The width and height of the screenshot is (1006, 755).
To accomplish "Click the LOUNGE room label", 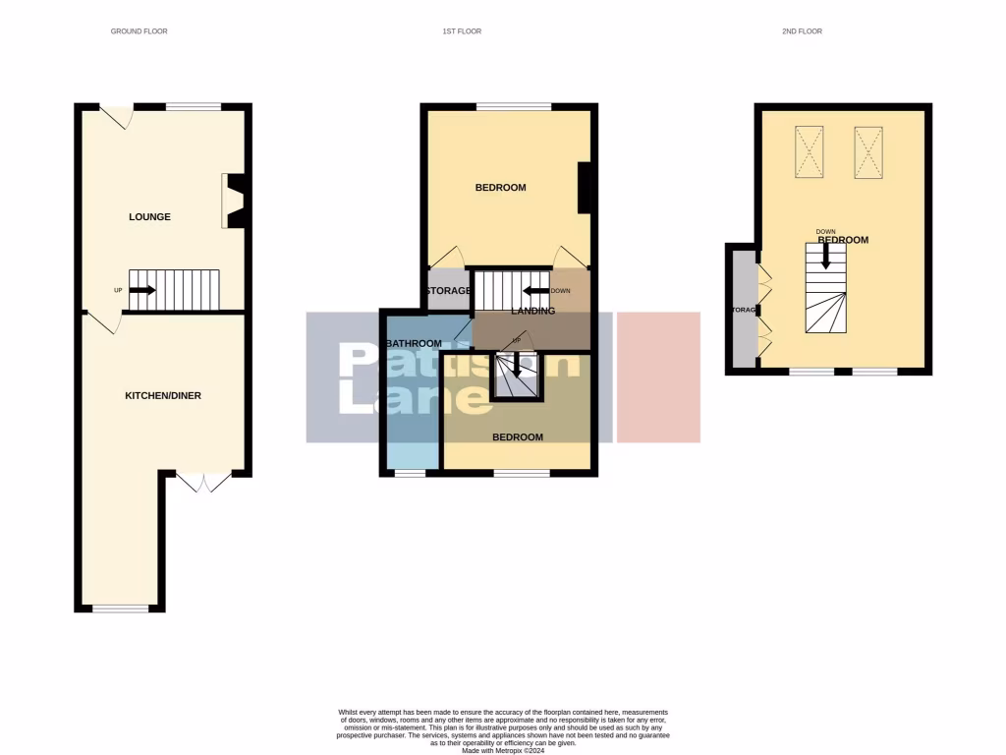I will [x=149, y=217].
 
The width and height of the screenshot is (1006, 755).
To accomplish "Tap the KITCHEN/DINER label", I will [x=163, y=395].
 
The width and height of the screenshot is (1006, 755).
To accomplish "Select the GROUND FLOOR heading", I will [x=139, y=31].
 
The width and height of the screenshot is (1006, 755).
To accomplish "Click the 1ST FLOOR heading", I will [x=462, y=31].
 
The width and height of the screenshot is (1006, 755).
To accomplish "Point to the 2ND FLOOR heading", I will [x=802, y=31].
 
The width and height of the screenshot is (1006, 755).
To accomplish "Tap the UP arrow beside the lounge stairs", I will [x=141, y=290].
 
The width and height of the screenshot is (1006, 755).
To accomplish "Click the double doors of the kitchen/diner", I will [x=204, y=482].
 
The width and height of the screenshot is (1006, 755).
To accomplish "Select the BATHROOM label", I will [x=414, y=344].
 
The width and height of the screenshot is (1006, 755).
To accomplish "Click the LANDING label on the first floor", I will [x=533, y=311].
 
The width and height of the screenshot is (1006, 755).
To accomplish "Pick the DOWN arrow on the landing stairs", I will [x=535, y=291].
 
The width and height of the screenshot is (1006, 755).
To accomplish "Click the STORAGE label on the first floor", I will [x=448, y=291].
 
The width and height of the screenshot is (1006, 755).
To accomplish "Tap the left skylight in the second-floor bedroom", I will [x=810, y=152].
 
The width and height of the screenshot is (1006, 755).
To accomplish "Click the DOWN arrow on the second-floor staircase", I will [x=825, y=257].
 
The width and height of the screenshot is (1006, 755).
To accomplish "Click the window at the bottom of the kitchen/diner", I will [x=121, y=610].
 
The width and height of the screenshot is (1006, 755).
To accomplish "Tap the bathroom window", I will [x=410, y=474].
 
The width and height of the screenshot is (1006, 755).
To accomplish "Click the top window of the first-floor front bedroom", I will [x=513, y=105].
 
